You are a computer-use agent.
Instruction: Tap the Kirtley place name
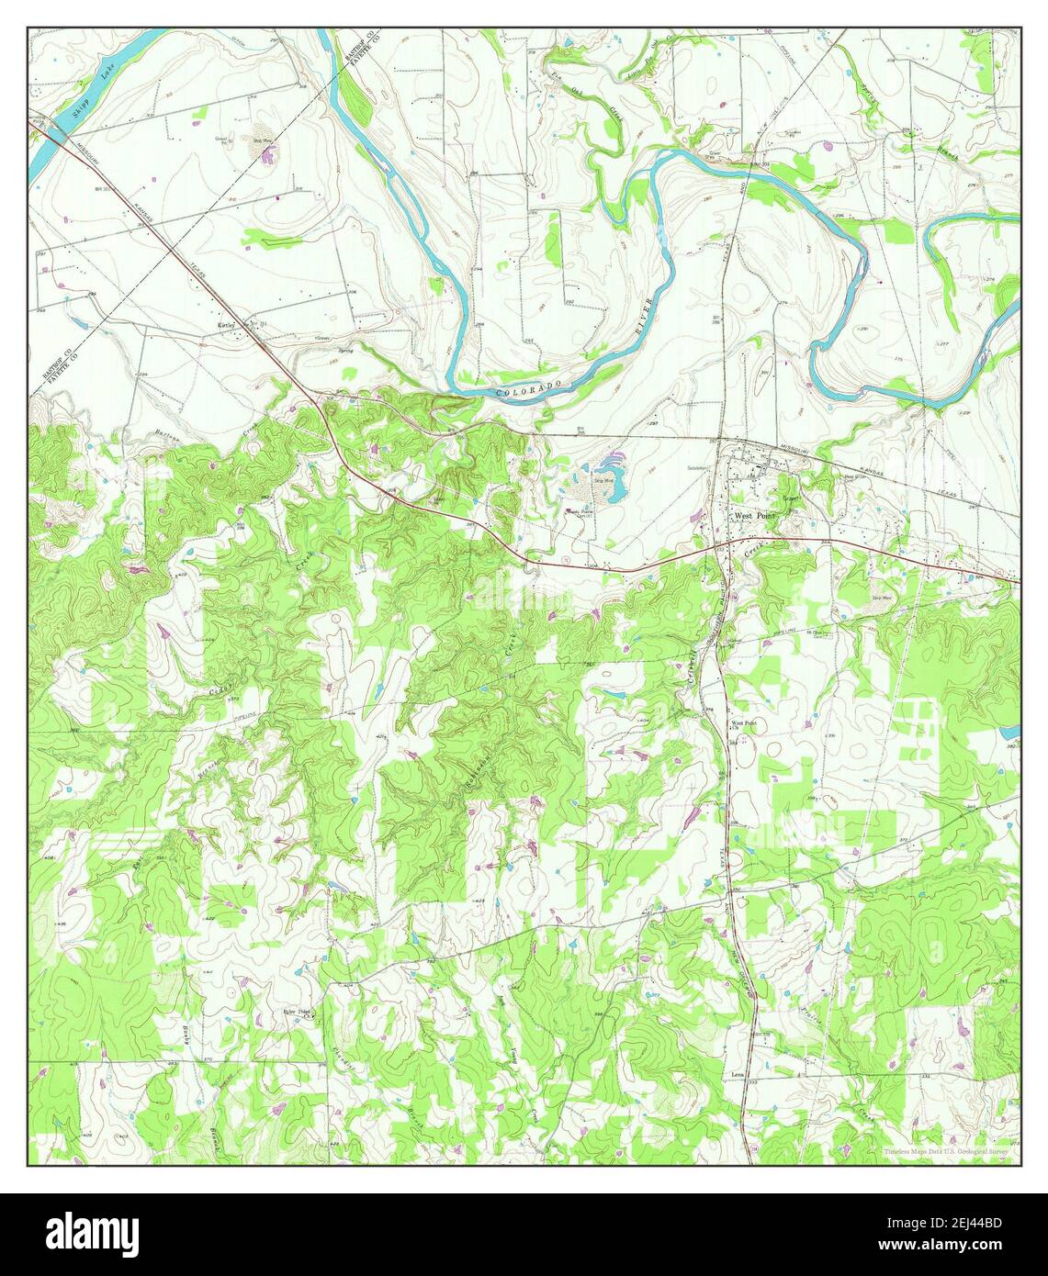[227, 325]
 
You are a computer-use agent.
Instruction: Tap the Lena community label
[737, 1072]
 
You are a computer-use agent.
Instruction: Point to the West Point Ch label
[743, 725]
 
